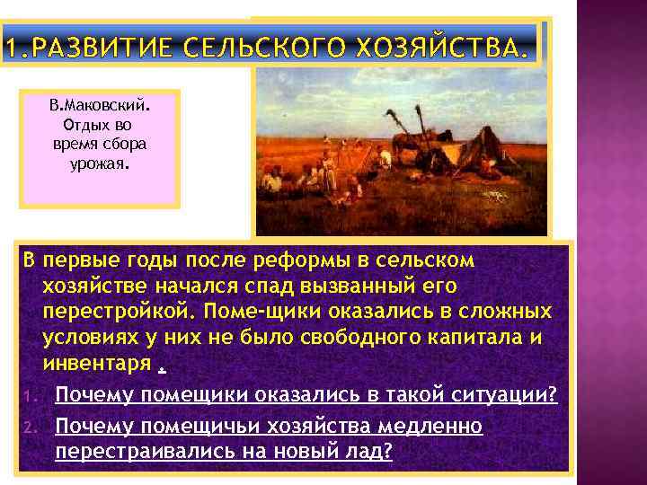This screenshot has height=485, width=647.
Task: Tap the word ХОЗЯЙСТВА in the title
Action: tap(431, 46)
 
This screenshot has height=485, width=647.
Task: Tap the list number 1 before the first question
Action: tap(28, 396)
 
